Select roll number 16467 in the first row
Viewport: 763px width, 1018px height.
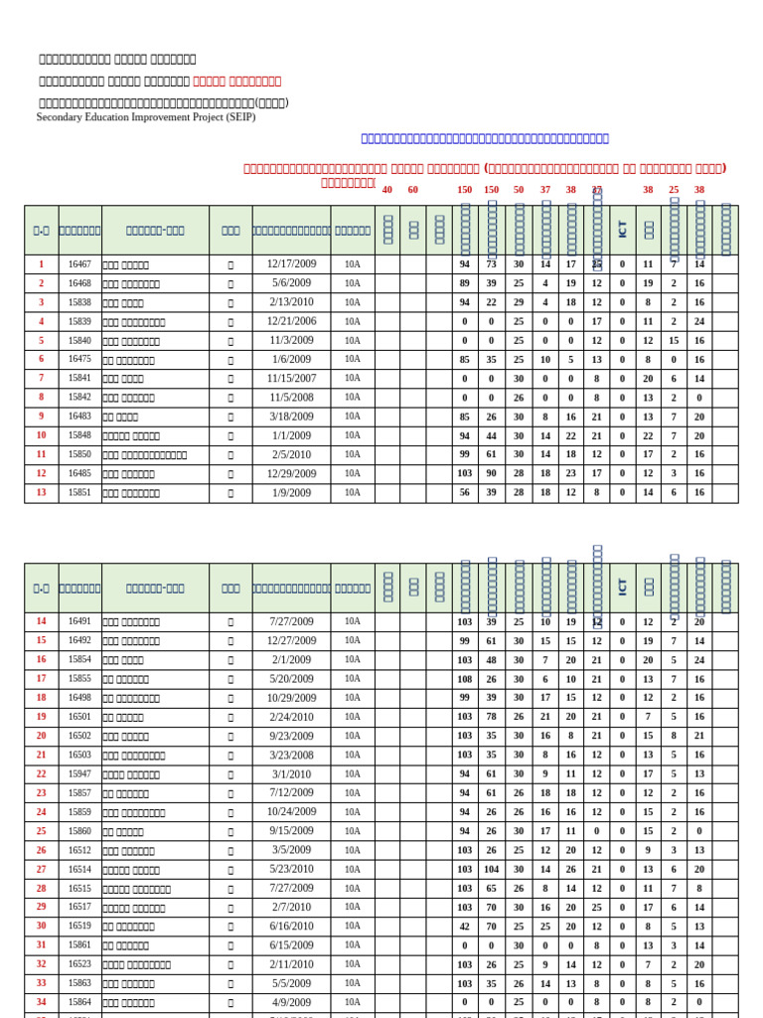coord(79,264)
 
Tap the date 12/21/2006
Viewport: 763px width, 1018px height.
coord(291,321)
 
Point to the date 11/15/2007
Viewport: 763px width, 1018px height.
coord(291,378)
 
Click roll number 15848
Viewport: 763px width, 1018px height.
coord(79,435)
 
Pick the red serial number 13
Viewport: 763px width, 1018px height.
coord(41,492)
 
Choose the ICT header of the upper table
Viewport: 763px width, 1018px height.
coord(623,230)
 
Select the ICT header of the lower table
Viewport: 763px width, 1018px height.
coord(623,588)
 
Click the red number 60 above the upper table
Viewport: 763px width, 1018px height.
coord(413,190)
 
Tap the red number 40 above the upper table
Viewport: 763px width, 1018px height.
coord(387,190)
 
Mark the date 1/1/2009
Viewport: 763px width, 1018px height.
coord(291,435)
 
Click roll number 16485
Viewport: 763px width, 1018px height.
coord(79,473)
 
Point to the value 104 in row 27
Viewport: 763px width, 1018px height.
coord(491,869)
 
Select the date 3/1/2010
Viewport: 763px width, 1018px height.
coord(291,773)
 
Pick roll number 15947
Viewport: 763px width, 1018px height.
coord(79,773)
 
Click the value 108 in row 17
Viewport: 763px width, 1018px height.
coord(465,679)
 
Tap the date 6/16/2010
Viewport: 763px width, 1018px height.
coord(291,926)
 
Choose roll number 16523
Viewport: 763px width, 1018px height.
coord(79,964)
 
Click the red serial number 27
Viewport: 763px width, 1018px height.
coord(41,869)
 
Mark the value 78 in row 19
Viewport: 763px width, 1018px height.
coord(491,717)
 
